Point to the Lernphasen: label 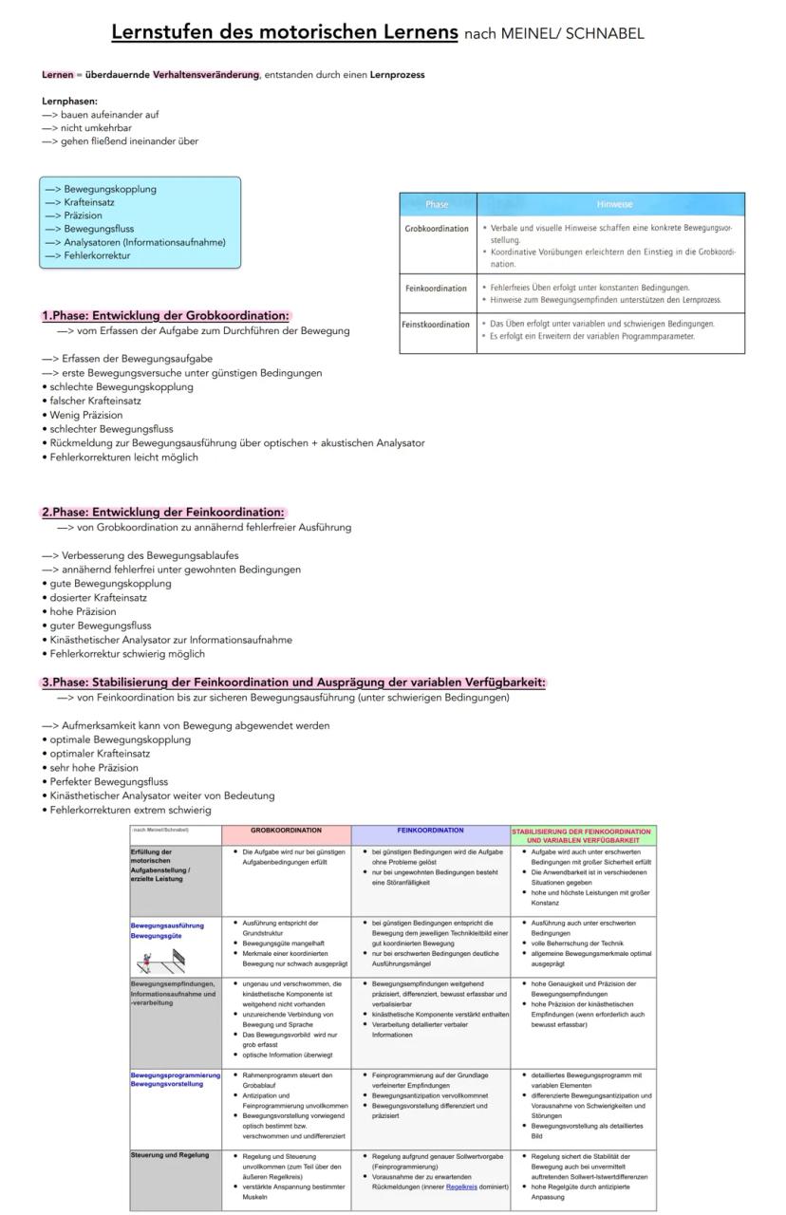[69, 101]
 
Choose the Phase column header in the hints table [438, 204]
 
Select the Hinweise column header [614, 204]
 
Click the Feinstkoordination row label [438, 325]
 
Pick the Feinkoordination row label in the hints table [436, 289]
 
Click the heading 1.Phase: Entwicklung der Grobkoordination [165, 316]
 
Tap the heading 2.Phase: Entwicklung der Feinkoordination [162, 513]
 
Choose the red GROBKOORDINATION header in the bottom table [286, 831]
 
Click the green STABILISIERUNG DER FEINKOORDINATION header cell [582, 835]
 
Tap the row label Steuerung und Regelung [168, 1155]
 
